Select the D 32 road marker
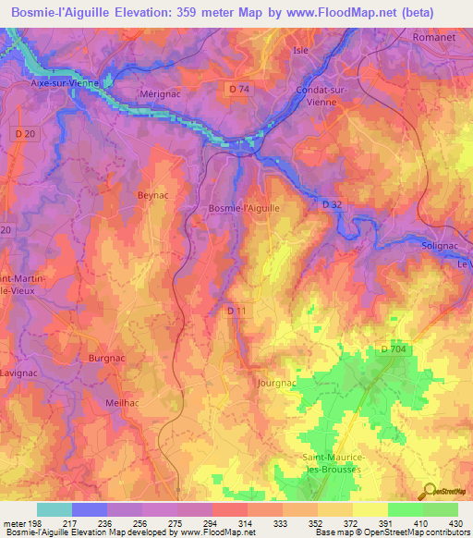click(x=333, y=204)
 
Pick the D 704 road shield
click(x=394, y=348)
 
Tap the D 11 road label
click(x=236, y=312)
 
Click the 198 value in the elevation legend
click(x=37, y=521)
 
